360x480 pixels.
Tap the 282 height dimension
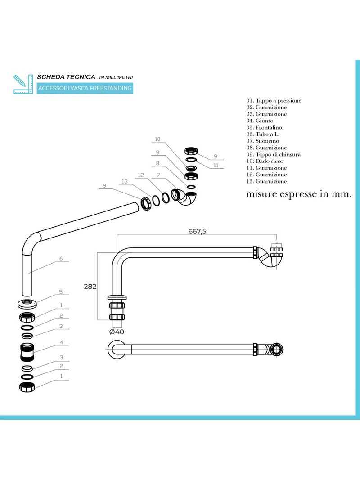coord(90,287)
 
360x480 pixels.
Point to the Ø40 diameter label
coord(117,332)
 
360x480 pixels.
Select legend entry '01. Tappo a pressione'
coord(274,101)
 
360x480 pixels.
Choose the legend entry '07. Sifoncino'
coord(262,141)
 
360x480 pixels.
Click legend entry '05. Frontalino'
coord(264,127)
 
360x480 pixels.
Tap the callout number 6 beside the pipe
coord(61,259)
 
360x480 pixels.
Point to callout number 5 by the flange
coord(61,292)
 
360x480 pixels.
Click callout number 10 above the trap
coord(157,139)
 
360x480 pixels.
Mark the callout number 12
coord(140,175)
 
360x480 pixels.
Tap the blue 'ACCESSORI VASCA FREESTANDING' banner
coord(85,88)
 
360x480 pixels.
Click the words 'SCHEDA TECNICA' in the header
coord(66,78)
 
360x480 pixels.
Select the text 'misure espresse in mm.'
coord(298,195)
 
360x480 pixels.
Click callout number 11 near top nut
coord(216,165)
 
